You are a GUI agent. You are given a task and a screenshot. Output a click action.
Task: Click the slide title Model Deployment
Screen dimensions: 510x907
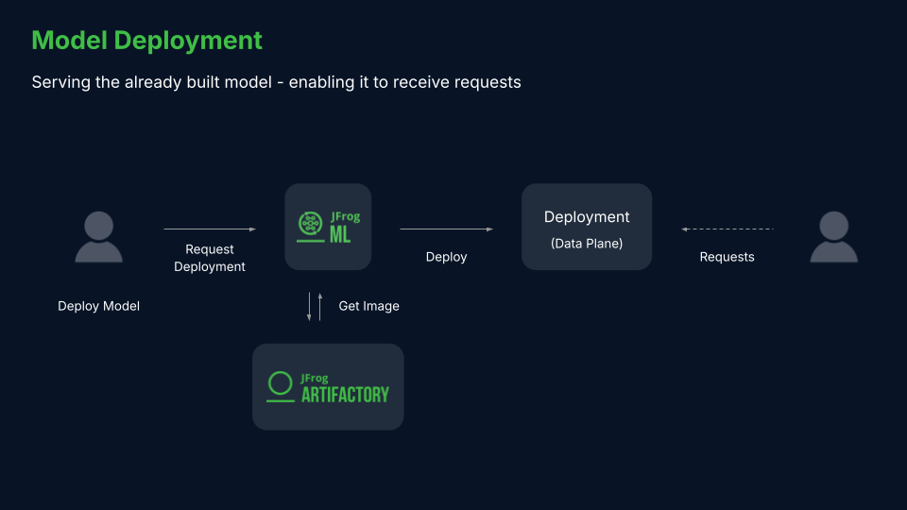(146, 41)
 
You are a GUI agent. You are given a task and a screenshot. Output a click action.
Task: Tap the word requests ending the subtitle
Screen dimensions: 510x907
(488, 82)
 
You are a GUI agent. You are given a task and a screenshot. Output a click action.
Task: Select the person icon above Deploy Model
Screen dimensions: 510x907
(98, 237)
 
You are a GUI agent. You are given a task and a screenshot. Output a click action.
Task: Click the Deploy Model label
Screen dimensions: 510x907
(98, 306)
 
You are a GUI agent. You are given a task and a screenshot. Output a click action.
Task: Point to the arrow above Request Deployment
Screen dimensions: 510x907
(209, 229)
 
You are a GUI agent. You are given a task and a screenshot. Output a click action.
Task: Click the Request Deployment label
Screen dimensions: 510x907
(209, 258)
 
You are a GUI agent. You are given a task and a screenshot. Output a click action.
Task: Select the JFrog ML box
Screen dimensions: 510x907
(328, 227)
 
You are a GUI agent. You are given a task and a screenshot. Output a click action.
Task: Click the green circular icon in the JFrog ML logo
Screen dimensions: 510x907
(310, 224)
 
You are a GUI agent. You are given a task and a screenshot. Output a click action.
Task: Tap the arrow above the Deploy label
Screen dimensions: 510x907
(446, 229)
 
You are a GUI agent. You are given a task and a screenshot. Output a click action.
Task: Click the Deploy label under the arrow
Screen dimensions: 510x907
(446, 257)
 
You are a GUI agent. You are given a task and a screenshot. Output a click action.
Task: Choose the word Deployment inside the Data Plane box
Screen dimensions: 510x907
(587, 217)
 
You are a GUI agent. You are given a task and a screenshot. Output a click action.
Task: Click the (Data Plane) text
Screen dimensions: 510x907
(587, 244)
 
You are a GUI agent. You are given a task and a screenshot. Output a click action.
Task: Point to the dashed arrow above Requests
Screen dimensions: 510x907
(727, 229)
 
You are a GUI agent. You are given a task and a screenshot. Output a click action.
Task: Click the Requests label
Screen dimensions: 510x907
(727, 257)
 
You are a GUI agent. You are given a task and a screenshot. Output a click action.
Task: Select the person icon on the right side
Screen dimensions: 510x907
(833, 237)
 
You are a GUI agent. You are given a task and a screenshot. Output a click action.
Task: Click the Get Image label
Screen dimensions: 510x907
(368, 306)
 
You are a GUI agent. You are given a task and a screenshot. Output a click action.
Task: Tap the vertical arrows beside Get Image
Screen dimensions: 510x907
(314, 306)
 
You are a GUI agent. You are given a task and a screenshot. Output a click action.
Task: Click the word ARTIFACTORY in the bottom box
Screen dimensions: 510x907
(345, 395)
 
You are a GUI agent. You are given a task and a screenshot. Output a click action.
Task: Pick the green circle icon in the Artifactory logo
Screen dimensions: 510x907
(280, 382)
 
